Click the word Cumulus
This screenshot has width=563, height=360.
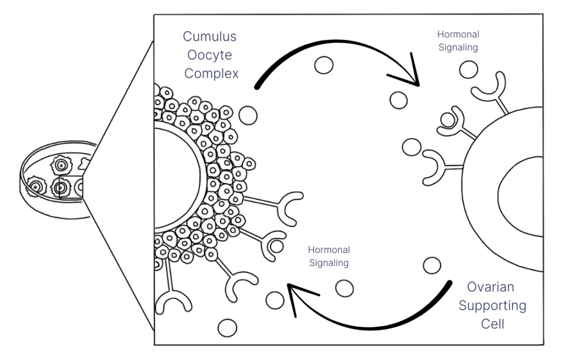209,37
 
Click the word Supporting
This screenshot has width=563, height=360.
492,306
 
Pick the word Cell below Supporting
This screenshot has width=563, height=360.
493,324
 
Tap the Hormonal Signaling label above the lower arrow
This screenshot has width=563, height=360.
328,257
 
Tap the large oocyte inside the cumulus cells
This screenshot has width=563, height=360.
173,176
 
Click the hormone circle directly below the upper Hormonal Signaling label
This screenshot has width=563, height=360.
468,69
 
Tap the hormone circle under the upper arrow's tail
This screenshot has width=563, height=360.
248,116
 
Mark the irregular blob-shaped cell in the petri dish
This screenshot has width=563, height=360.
86,162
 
